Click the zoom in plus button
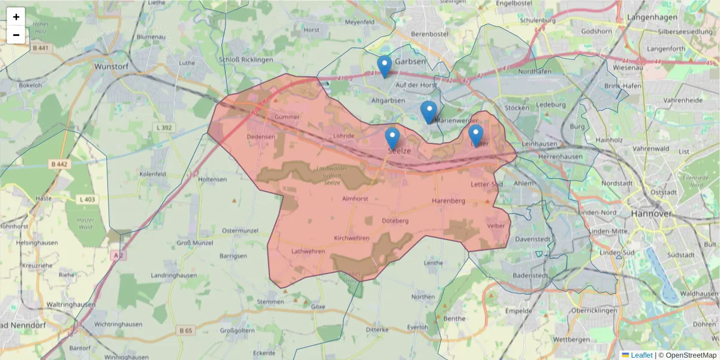[x=16, y=17]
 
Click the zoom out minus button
[x=16, y=35]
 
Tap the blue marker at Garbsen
[x=385, y=65]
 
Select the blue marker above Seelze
[x=392, y=137]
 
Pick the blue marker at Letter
[x=476, y=134]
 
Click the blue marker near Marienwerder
[x=428, y=111]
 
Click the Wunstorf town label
[x=113, y=67]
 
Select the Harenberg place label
[x=449, y=200]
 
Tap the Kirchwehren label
[x=352, y=238]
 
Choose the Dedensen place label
[x=261, y=136]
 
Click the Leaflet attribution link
[x=641, y=355]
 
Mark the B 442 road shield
[x=59, y=164]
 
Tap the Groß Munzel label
[x=192, y=243]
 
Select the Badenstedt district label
[x=531, y=275]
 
